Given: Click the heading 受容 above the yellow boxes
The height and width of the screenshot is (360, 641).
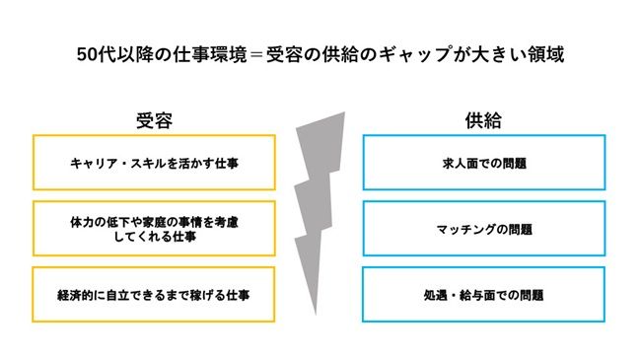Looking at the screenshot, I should [x=155, y=120].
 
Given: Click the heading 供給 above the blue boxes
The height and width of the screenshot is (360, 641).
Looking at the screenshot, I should [x=483, y=120].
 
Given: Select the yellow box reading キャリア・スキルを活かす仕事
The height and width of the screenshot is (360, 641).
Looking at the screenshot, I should [x=155, y=163].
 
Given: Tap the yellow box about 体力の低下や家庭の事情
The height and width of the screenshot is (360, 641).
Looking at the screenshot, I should [x=155, y=229].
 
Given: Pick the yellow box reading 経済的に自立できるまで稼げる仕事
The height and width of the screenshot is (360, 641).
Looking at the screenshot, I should [x=155, y=294].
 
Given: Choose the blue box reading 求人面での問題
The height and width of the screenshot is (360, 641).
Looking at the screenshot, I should [x=483, y=163].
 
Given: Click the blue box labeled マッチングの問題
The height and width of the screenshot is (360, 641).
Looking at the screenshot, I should [x=483, y=229].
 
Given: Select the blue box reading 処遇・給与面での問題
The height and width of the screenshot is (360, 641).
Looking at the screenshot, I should [x=483, y=294].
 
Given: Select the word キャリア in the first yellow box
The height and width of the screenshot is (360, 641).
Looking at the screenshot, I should [x=93, y=163].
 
